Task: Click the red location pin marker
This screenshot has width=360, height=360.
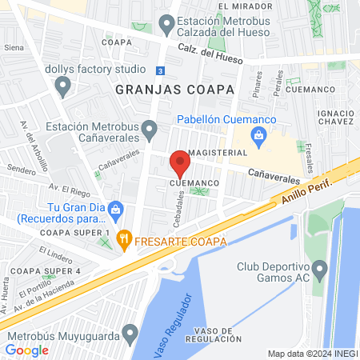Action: (x=179, y=166)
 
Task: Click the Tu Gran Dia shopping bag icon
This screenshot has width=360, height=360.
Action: (x=115, y=209)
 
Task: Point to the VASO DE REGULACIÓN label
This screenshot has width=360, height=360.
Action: (x=212, y=335)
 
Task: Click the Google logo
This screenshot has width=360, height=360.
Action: (x=26, y=350)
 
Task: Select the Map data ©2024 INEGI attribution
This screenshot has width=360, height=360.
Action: (x=312, y=354)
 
